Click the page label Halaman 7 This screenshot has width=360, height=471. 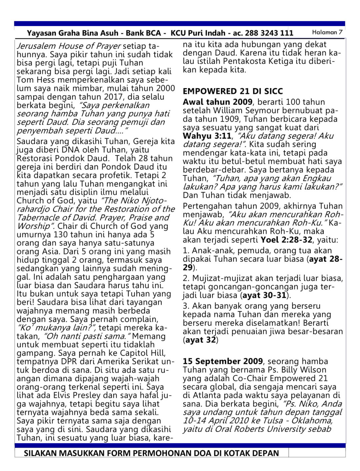tap(327, 32)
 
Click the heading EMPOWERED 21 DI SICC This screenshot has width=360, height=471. tap(233, 91)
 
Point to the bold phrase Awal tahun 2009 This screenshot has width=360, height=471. tap(217, 102)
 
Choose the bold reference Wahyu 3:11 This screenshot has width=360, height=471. tap(207, 136)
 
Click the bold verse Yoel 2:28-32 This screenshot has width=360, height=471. tap(286, 240)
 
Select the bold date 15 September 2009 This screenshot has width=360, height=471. tap(223, 362)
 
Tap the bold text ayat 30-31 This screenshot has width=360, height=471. tap(264, 296)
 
